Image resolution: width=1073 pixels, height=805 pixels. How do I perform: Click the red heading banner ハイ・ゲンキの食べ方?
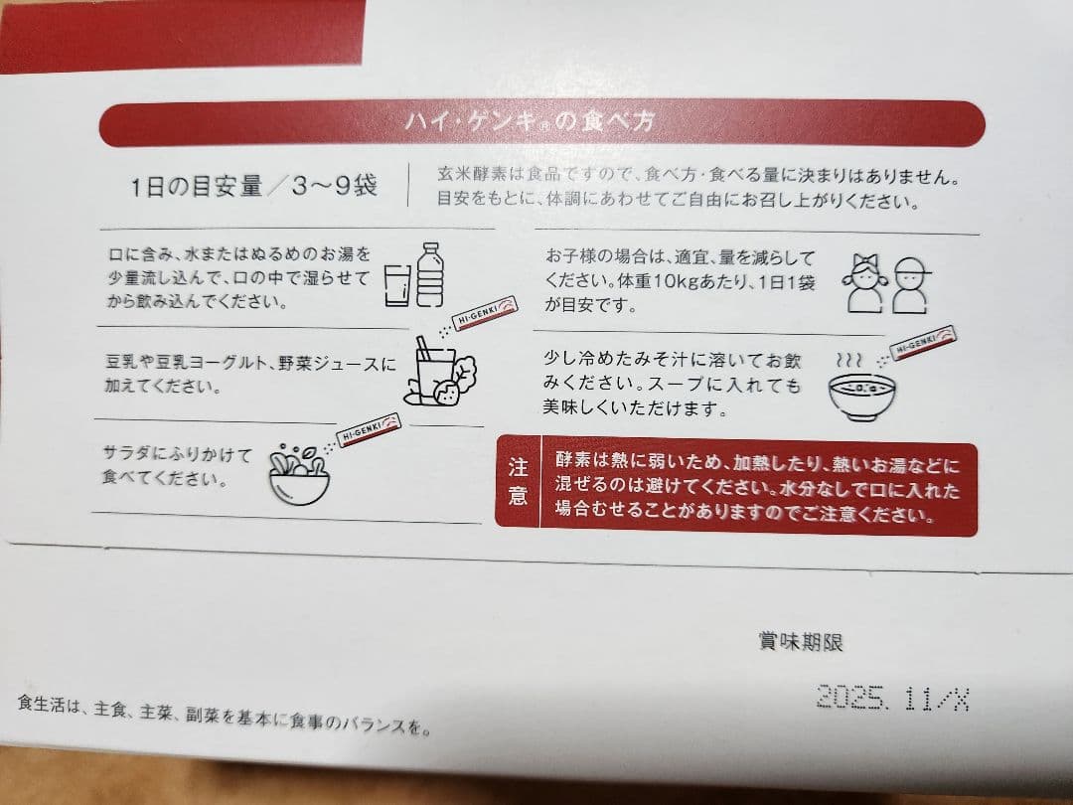542,123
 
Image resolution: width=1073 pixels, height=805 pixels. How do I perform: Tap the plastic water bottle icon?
430,274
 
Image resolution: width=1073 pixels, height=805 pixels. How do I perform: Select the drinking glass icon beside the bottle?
397,285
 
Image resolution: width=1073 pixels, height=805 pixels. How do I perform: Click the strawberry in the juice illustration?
448,393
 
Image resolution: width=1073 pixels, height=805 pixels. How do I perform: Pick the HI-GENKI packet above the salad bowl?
369,429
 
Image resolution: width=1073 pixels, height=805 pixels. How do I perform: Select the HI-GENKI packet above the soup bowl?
922,342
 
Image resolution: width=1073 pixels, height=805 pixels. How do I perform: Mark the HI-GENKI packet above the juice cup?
485,312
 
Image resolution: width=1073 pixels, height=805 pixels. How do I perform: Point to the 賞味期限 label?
801,642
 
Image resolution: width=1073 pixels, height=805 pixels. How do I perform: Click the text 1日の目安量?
197,186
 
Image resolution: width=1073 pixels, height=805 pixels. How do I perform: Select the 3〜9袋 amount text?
334,185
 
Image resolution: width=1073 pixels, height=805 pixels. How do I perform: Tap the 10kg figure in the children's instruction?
677,281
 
